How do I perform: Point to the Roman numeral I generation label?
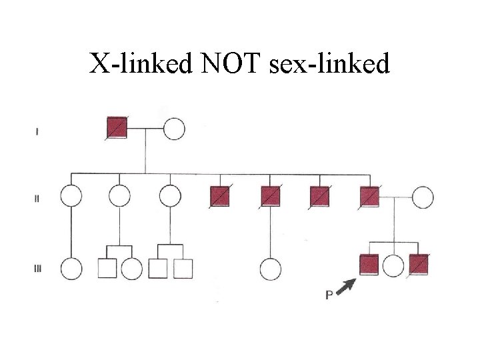pos(36,131)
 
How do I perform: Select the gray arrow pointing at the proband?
pos(345,287)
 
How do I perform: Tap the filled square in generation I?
pos(117,127)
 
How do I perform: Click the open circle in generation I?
pos(174,128)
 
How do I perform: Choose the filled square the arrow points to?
pos(369,265)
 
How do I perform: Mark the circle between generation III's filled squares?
pos(394,266)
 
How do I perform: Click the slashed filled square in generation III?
pos(419,265)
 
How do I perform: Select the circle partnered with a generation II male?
pos(422,197)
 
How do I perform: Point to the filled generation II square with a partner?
pos(369,197)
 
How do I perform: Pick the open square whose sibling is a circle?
pos(107,268)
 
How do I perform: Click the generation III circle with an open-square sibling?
pos(131,268)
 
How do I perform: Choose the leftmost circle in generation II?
pos(71,197)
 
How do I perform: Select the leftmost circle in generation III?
pos(71,268)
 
